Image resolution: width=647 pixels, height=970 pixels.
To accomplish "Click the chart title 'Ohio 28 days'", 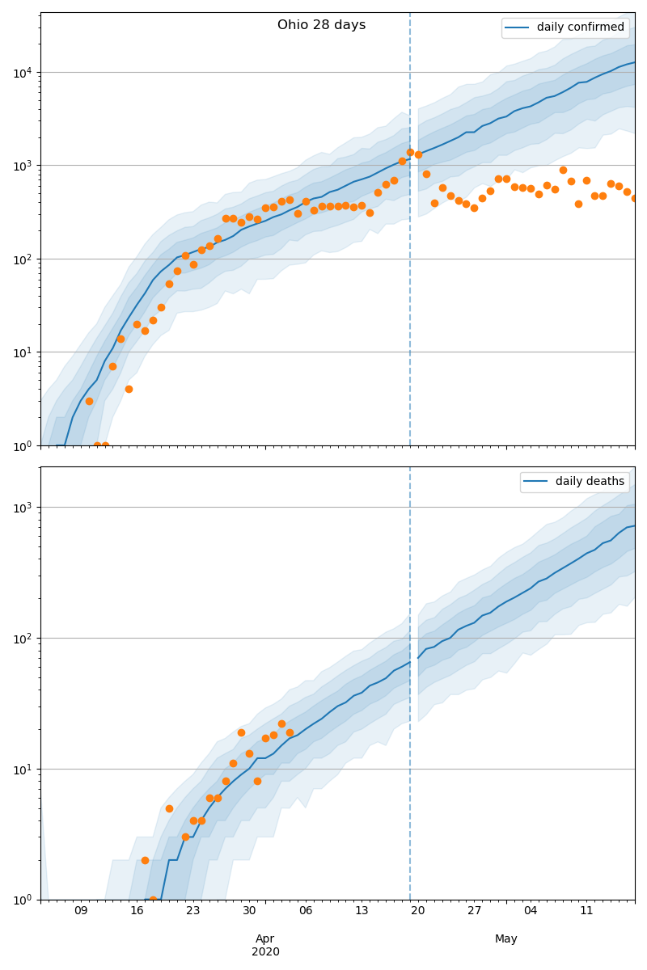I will coord(321,25).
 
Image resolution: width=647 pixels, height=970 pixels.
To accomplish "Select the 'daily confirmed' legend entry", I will coord(580,27).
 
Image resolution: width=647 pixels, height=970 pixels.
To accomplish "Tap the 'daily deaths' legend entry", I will coord(590,482).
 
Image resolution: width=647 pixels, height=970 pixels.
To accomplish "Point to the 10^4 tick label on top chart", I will coord(23,73).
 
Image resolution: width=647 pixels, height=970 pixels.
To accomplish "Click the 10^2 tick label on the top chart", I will coord(23,259).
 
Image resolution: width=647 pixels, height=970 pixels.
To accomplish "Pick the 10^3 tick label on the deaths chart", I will coord(23,508).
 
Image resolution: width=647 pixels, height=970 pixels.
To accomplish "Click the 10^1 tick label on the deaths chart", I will coord(23,770).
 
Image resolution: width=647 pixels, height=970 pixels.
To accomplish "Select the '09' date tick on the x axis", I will coord(81,911).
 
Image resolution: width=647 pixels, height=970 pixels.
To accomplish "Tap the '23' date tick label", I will coord(193,911).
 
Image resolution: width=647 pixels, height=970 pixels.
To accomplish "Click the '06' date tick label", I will coord(306,911).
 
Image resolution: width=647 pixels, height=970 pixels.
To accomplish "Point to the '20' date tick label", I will coord(418,911).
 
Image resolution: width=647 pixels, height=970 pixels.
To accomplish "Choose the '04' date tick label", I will coord(531,911).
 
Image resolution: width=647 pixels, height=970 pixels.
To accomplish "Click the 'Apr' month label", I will coord(265,938).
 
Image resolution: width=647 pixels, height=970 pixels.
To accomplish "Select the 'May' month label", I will coord(506,938).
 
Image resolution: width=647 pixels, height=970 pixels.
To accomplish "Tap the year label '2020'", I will coord(265,952).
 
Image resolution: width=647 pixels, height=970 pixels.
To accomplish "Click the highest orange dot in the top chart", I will coord(410,152).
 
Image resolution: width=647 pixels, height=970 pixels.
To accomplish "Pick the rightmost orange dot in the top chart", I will coord(635,198).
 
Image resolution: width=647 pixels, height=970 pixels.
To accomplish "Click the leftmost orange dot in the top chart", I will coord(89,401).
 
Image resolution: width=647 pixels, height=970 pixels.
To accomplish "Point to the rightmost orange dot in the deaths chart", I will coord(290,732).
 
